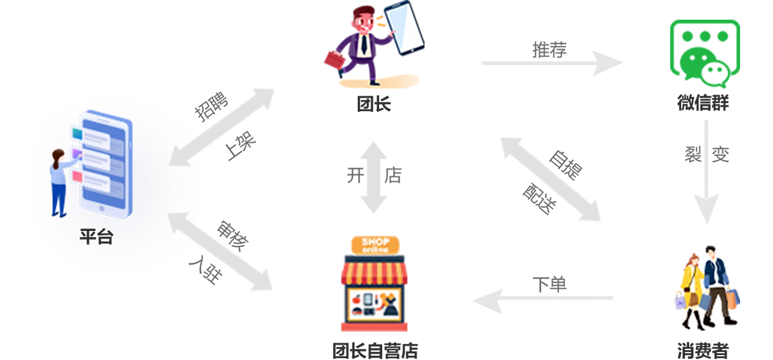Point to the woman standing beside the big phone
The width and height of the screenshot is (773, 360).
[59, 182]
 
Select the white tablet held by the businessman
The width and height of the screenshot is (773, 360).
[404, 28]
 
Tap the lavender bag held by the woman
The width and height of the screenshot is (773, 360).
[681, 304]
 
